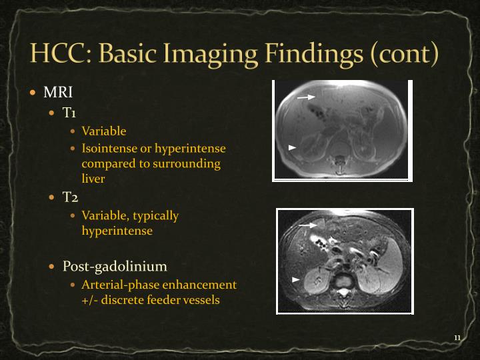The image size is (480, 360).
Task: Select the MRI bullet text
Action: pos(58,92)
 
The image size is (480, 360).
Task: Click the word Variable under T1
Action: pos(104,131)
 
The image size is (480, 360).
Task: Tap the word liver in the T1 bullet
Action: pos(93,179)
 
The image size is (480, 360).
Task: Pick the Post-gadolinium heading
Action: pos(115,267)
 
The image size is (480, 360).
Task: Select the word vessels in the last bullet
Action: pos(199,300)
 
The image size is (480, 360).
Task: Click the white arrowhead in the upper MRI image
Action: pos(292,146)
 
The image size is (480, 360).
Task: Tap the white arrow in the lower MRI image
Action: pos(307,225)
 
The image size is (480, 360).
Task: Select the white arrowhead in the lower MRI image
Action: pos(296,279)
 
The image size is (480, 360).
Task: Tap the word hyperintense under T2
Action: pos(117,231)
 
